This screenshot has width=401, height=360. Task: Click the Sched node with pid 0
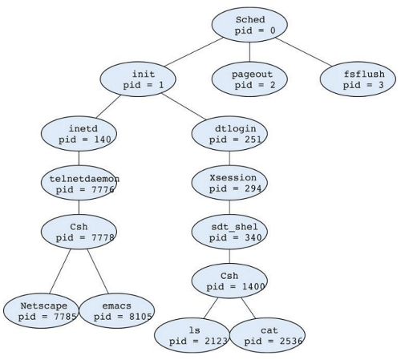pos(249,25)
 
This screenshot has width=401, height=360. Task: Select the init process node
pos(138,79)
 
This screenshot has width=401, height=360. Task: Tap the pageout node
pos(249,79)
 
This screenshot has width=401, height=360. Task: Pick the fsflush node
pos(358,79)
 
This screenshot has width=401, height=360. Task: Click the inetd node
pos(79,134)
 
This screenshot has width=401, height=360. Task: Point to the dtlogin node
pos(229,134)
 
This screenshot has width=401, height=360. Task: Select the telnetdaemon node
pos(79,183)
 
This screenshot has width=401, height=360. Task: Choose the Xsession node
pos(229,183)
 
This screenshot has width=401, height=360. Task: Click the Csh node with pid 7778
pos(79,232)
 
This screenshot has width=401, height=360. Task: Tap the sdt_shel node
pos(229,232)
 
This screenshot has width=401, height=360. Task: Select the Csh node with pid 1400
pos(229,281)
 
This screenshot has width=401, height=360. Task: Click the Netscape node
pos(41,311)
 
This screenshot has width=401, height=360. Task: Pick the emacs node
pos(117,311)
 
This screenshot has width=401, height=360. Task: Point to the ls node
pos(192,335)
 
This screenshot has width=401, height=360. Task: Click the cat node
pos(267,335)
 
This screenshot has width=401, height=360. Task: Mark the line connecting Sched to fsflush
pos(304,52)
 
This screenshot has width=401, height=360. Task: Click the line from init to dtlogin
pos(184,107)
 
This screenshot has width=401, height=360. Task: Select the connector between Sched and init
pos(194,52)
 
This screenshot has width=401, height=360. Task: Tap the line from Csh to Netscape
pos(60,271)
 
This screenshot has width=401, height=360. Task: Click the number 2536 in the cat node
pos(291,342)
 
